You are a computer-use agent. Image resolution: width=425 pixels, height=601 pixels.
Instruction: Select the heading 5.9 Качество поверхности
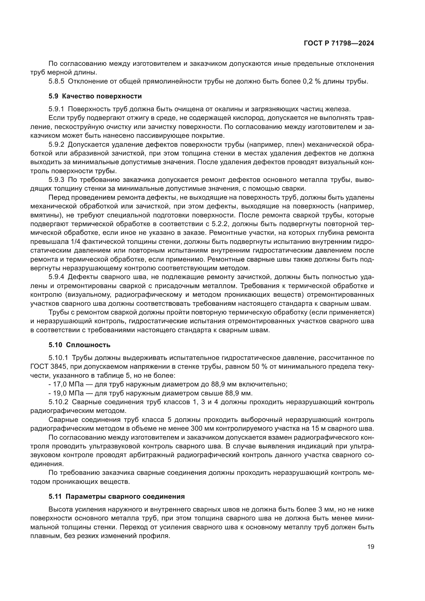coord(95,96)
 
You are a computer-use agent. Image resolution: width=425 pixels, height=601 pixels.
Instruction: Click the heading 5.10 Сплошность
coord(79,345)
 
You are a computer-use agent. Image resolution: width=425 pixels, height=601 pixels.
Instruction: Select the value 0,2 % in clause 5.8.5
coord(311,81)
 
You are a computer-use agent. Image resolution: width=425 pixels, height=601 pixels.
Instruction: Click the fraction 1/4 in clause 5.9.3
coord(75,242)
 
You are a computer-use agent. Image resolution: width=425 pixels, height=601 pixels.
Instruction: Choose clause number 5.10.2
coord(58,402)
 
